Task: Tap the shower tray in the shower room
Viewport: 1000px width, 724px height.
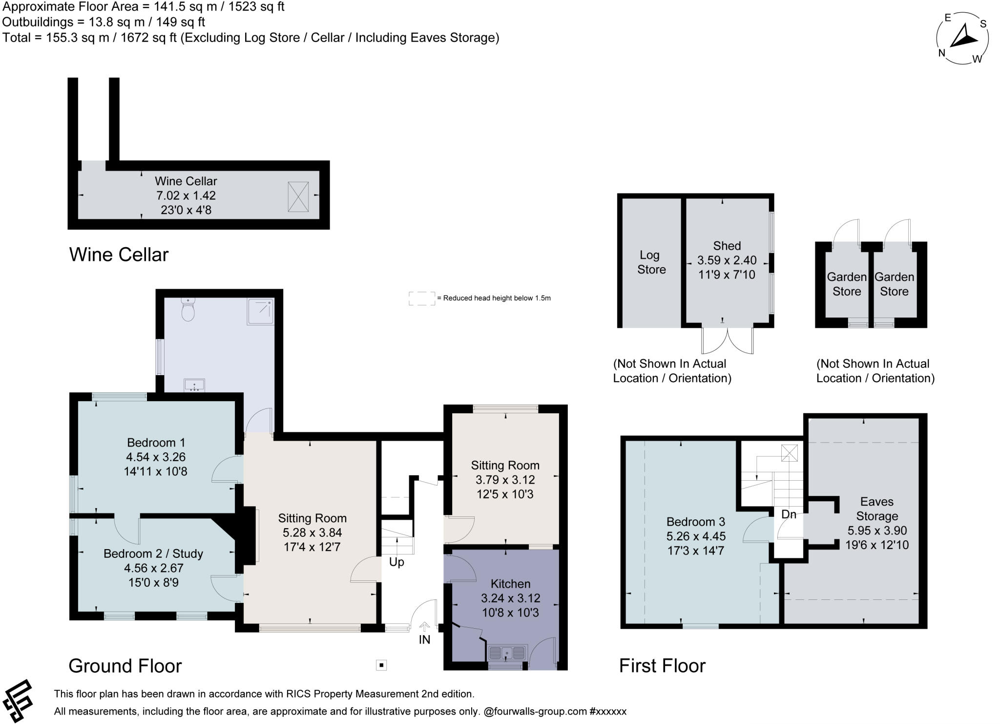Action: pyautogui.click(x=260, y=311)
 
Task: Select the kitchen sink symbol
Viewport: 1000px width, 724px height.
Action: pyautogui.click(x=507, y=653)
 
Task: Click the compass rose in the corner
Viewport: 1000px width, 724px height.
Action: pyautogui.click(x=962, y=38)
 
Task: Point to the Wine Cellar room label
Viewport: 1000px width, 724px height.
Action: pyautogui.click(x=186, y=181)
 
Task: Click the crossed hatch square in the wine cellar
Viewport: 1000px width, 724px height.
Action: pyautogui.click(x=298, y=196)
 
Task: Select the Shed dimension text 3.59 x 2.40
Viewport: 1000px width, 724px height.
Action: pyautogui.click(x=727, y=260)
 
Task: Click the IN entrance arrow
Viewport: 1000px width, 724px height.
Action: pyautogui.click(x=424, y=627)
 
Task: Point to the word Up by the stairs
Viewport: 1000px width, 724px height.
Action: pyautogui.click(x=396, y=562)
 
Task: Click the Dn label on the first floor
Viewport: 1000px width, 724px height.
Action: pyautogui.click(x=789, y=514)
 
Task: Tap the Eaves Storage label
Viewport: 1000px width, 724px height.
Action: pyautogui.click(x=877, y=509)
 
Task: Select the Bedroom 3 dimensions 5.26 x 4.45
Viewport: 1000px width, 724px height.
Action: pyautogui.click(x=696, y=536)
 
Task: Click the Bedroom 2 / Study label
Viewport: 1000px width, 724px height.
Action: pyautogui.click(x=153, y=554)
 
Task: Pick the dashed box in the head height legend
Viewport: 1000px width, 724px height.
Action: pyautogui.click(x=421, y=298)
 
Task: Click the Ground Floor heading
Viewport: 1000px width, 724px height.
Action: pyautogui.click(x=125, y=666)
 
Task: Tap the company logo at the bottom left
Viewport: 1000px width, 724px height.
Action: pyautogui.click(x=18, y=701)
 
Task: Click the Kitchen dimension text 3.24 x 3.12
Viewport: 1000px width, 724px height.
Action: pyautogui.click(x=510, y=598)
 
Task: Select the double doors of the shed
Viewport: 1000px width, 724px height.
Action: pyautogui.click(x=727, y=341)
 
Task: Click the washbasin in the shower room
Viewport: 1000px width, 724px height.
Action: pyautogui.click(x=194, y=385)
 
